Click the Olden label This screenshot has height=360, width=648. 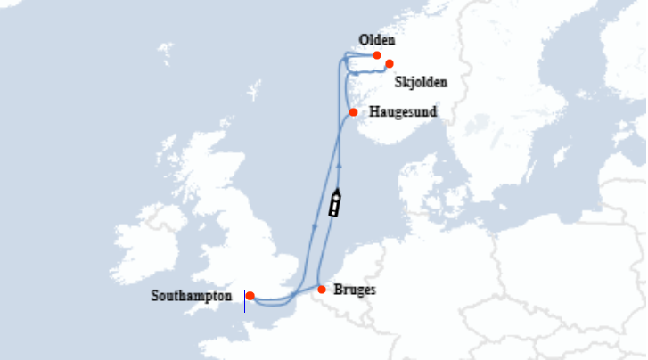tap(376, 40)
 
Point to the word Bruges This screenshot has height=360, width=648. tap(354, 290)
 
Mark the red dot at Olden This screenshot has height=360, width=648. tap(377, 55)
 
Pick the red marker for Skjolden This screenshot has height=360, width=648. tap(390, 63)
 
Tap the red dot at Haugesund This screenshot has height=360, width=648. tap(354, 112)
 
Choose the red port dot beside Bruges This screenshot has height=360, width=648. tap(321, 290)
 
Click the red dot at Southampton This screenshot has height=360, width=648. tap(250, 296)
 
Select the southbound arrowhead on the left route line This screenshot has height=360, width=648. tap(315, 227)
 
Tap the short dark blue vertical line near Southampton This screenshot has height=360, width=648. tap(244, 301)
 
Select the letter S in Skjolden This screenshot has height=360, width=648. tap(397, 82)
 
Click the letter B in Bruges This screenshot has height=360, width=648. tap(337, 290)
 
